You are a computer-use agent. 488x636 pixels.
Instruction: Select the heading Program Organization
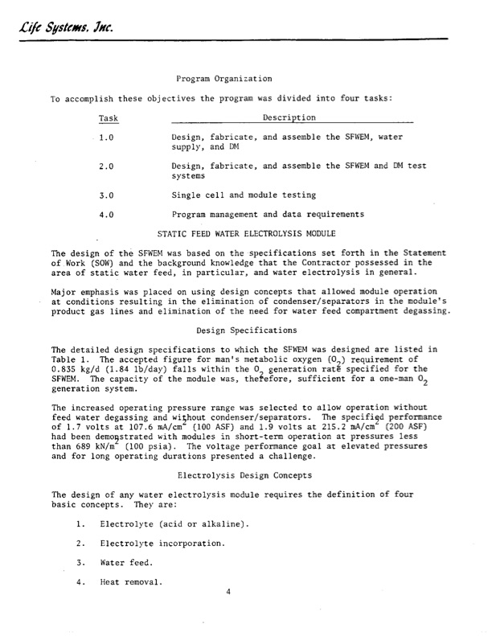(x=223, y=79)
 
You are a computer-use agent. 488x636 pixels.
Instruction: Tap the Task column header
(x=108, y=117)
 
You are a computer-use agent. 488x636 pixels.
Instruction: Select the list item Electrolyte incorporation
(x=162, y=544)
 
